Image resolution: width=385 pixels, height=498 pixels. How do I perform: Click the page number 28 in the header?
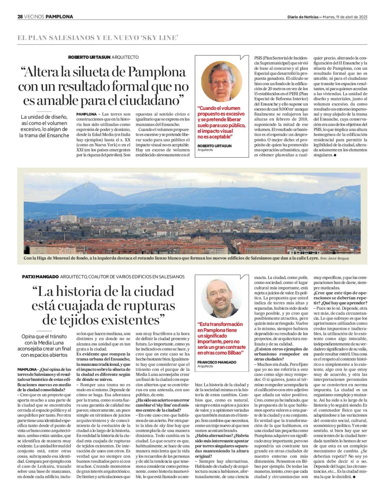tap(20, 17)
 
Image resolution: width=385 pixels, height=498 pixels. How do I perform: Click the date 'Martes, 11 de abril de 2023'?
tap(345, 17)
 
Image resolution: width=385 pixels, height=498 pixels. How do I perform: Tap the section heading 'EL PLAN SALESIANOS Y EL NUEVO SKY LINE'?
tap(98, 38)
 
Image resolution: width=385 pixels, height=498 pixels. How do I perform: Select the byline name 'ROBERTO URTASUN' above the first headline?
tap(89, 57)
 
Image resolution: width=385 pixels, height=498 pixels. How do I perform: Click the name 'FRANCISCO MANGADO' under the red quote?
tap(217, 362)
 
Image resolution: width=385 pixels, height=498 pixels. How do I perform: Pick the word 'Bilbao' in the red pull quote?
tap(235, 353)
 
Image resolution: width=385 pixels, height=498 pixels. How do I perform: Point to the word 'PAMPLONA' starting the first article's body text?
tap(86, 114)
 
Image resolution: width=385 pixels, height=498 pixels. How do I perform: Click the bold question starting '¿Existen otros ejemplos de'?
tap(281, 349)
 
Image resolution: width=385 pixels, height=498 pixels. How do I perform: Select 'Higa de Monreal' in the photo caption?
tap(56, 258)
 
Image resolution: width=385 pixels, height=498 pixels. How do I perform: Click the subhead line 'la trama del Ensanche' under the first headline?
tap(44, 136)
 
